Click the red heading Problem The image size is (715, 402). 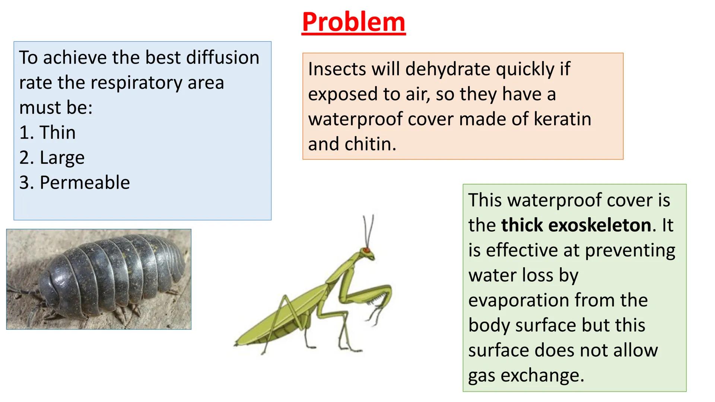click(353, 22)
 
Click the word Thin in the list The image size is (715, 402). click(57, 133)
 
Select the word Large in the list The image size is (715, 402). click(62, 158)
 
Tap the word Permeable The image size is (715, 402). click(85, 183)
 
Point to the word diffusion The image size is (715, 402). click(222, 58)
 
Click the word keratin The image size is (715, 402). click(562, 119)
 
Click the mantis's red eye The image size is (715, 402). click(367, 250)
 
